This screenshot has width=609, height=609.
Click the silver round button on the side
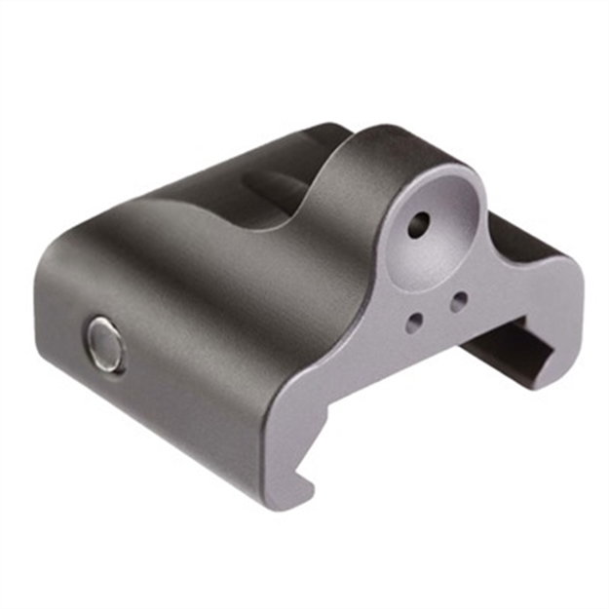pyautogui.click(x=105, y=343)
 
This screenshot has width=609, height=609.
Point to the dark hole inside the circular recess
pyautogui.click(x=417, y=226)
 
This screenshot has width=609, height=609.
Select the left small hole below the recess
pyautogui.click(x=415, y=319)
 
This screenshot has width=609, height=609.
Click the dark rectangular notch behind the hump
pyautogui.click(x=268, y=185)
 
